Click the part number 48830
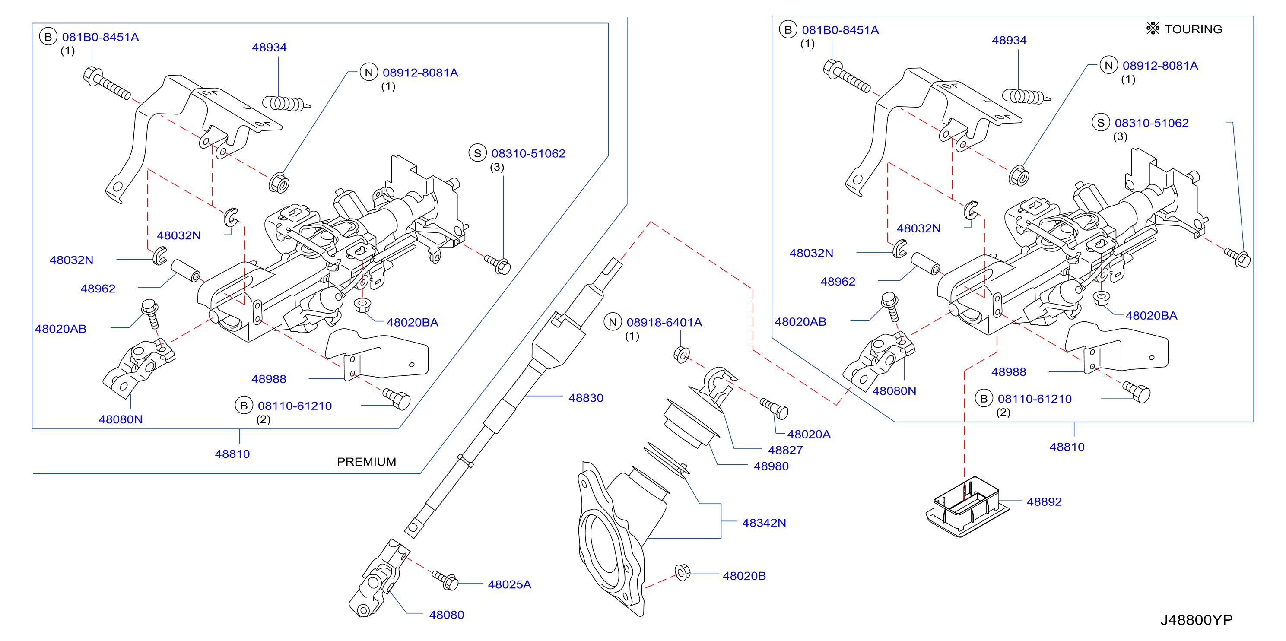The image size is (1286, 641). click(586, 398)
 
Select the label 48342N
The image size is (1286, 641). click(764, 523)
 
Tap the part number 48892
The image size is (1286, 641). click(1044, 502)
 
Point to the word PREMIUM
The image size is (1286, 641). click(366, 462)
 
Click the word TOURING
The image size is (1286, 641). click(1193, 29)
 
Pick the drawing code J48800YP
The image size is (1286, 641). click(1196, 620)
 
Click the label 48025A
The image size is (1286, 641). click(509, 584)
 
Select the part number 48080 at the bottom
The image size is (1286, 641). click(446, 615)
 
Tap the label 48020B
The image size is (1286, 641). click(744, 576)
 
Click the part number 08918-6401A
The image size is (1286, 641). click(664, 323)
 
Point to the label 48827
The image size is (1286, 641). click(785, 450)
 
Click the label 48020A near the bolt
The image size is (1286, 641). click(809, 435)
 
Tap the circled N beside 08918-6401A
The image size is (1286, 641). click(613, 323)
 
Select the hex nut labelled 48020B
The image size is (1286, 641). click(682, 573)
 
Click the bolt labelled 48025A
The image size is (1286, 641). click(445, 581)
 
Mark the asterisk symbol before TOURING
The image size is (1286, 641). click(1153, 29)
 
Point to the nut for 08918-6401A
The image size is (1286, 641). click(681, 355)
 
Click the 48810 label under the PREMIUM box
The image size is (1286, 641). click(232, 454)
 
